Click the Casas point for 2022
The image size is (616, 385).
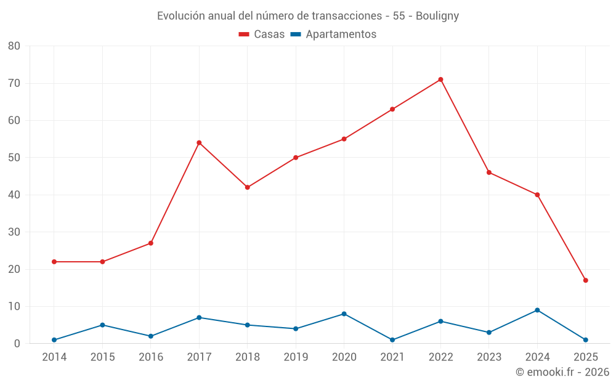click(440, 79)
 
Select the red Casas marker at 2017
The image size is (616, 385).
click(199, 143)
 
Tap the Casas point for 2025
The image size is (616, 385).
click(585, 280)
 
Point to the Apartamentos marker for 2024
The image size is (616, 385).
click(537, 310)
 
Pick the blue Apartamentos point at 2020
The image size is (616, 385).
click(344, 314)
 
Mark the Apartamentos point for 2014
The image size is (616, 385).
click(54, 340)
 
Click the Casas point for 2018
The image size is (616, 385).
click(248, 187)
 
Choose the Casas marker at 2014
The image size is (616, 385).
click(54, 262)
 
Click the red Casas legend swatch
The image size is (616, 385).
click(244, 34)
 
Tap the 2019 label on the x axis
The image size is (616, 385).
click(296, 357)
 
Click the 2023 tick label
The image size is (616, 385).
click(489, 357)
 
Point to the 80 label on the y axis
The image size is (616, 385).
click(14, 46)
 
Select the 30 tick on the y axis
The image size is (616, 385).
click(14, 232)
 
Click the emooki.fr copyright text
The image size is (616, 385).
click(562, 372)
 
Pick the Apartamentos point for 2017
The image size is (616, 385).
click(199, 318)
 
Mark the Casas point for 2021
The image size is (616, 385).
click(392, 109)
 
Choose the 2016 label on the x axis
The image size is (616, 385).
click(151, 357)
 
